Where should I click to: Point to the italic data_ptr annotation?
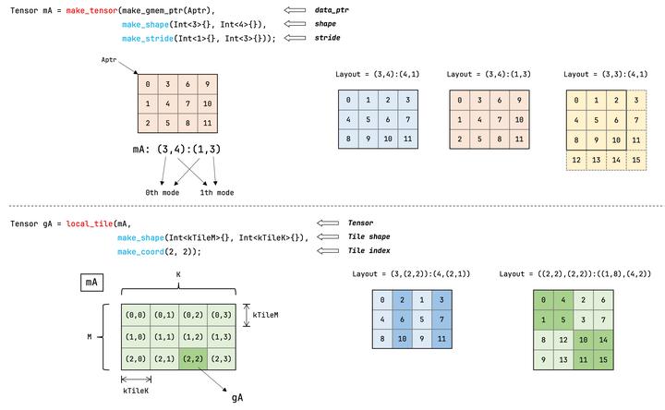(359, 9)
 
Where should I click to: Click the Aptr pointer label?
(111, 59)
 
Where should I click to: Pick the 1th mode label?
(216, 192)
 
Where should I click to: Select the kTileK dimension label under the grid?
(137, 391)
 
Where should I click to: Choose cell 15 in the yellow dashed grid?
(637, 161)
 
